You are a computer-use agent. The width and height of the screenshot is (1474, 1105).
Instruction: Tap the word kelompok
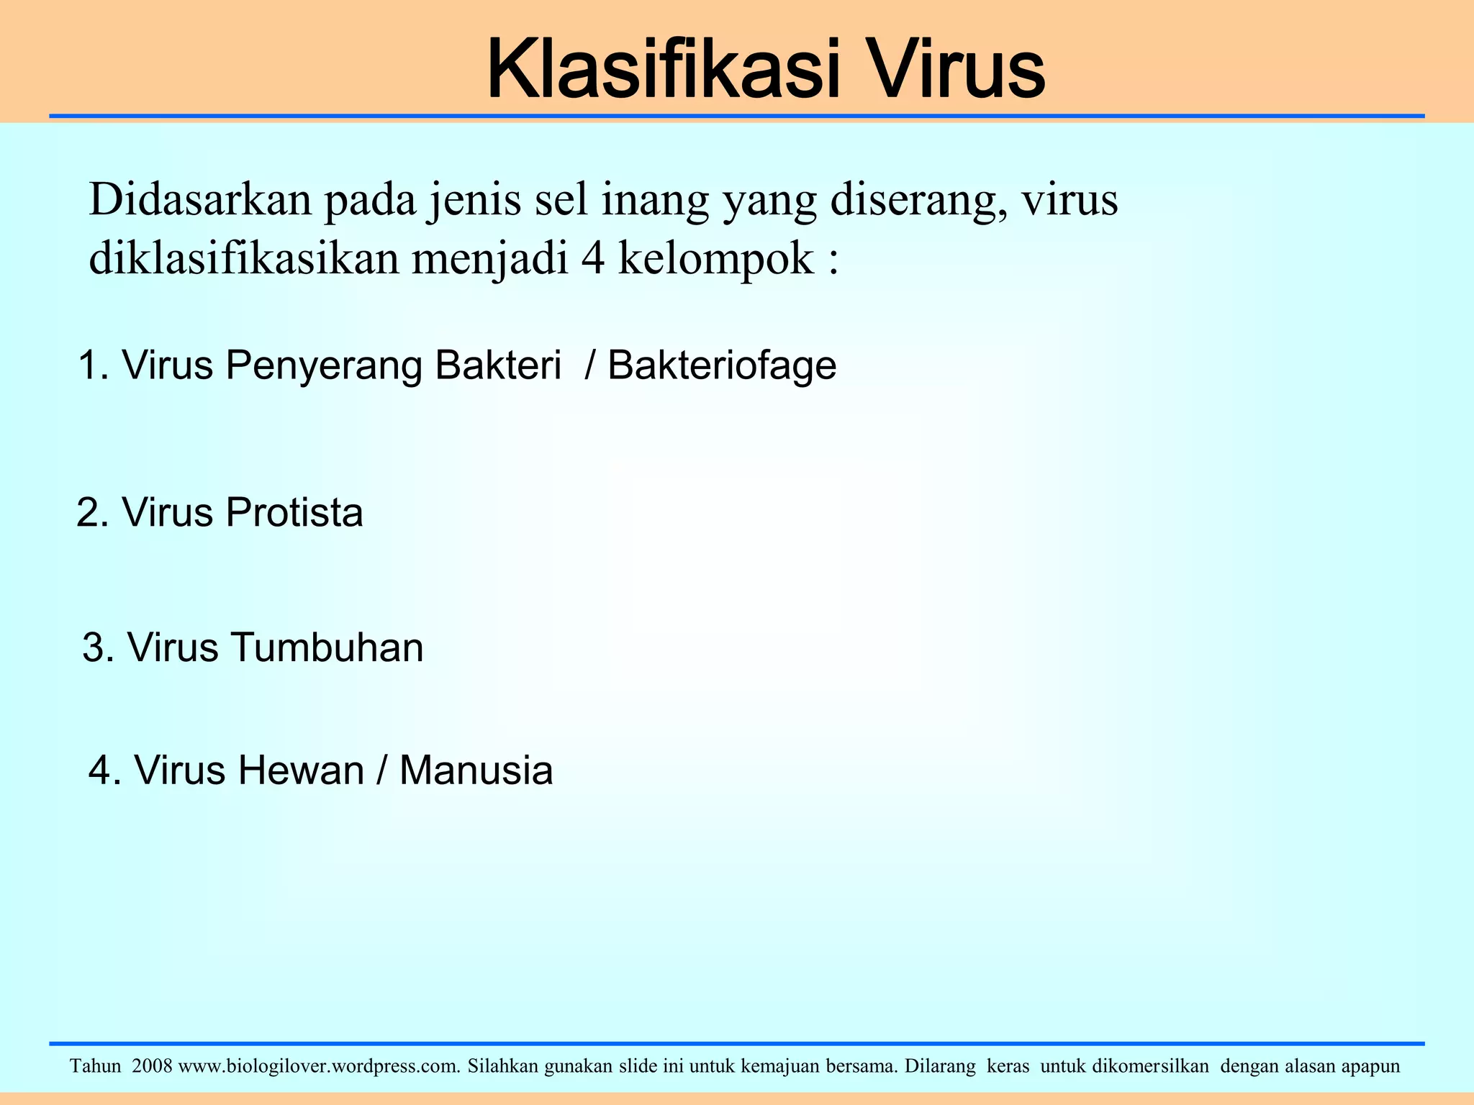[x=715, y=260]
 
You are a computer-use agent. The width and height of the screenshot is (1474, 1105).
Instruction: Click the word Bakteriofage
[x=722, y=366]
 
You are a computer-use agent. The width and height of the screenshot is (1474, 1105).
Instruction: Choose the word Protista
[x=294, y=513]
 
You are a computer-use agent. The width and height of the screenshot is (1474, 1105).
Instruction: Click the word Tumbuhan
[x=327, y=647]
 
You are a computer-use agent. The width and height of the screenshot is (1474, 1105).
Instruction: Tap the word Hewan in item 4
[x=302, y=770]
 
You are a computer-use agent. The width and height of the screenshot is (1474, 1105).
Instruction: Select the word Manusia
[x=476, y=770]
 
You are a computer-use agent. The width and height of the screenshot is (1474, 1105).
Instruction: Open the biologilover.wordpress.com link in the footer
[x=319, y=1065]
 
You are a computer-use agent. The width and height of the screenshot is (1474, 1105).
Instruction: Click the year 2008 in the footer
[x=152, y=1065]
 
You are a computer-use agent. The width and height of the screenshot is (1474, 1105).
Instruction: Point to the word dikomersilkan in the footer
[x=1150, y=1065]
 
